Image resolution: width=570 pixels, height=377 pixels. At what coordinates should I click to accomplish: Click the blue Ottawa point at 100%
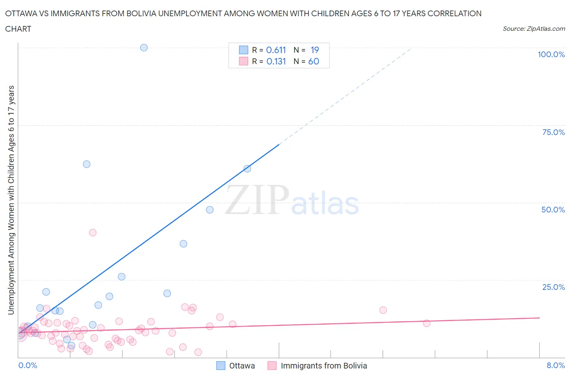pyautogui.click(x=144, y=47)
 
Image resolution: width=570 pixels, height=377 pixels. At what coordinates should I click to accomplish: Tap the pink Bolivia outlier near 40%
pyautogui.click(x=92, y=232)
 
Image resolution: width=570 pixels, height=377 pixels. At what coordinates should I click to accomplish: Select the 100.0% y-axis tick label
pyautogui.click(x=551, y=54)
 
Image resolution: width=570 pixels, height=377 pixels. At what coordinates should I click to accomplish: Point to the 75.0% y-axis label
pyautogui.click(x=553, y=132)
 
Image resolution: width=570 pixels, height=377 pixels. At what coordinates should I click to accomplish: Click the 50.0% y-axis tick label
pyautogui.click(x=553, y=210)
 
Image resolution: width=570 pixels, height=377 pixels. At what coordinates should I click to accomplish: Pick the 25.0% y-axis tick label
pyautogui.click(x=553, y=287)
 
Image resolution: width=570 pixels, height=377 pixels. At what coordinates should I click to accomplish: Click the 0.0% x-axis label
pyautogui.click(x=28, y=365)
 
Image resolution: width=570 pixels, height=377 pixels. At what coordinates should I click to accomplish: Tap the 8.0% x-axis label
pyautogui.click(x=555, y=365)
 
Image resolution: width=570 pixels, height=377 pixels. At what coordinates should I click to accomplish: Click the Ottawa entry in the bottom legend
pyautogui.click(x=242, y=366)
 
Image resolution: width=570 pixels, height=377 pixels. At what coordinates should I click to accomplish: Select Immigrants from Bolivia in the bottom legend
pyautogui.click(x=324, y=366)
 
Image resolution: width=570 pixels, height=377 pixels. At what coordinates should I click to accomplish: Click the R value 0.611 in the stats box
pyautogui.click(x=276, y=50)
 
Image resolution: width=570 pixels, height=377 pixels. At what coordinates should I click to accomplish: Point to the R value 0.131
pyautogui.click(x=276, y=61)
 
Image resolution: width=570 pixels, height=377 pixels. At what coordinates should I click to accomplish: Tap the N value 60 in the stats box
pyautogui.click(x=313, y=61)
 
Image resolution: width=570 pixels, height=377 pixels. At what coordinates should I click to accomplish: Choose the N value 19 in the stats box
pyautogui.click(x=315, y=50)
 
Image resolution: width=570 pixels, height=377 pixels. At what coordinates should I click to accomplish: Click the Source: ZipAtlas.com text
pyautogui.click(x=534, y=28)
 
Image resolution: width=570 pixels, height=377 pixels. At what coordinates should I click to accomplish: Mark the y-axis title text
pyautogui.click(x=11, y=200)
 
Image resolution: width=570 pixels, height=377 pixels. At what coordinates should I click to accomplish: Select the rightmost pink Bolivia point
pyautogui.click(x=426, y=323)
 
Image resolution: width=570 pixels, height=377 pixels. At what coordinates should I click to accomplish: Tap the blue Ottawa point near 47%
pyautogui.click(x=210, y=210)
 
